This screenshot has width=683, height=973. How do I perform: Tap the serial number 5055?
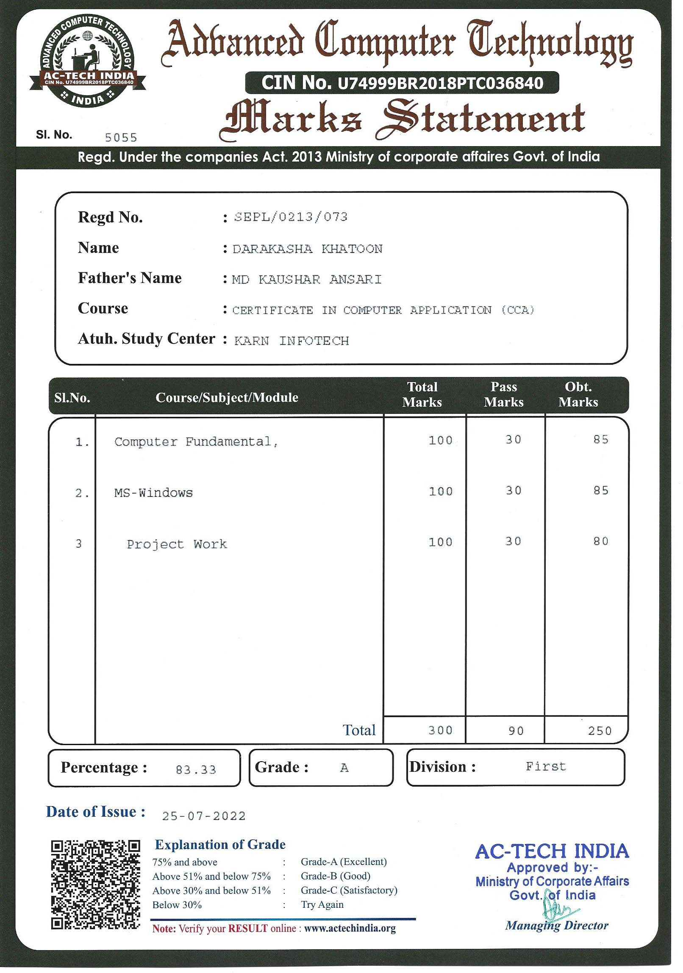click(x=121, y=138)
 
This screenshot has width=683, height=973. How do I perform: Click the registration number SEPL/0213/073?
click(x=291, y=217)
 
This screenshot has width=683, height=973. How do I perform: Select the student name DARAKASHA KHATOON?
click(x=307, y=249)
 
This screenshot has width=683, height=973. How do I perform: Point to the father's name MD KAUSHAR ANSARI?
click(x=306, y=280)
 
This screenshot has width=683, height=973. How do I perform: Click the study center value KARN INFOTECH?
click(x=292, y=341)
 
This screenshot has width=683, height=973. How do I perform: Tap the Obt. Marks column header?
click(x=578, y=394)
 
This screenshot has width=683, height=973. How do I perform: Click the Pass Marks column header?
click(x=504, y=394)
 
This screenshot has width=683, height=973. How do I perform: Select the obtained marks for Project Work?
click(x=601, y=541)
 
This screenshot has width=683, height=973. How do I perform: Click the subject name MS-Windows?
click(x=153, y=493)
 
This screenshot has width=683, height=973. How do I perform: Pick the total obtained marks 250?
click(x=600, y=731)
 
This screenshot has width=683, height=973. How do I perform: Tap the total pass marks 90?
click(x=516, y=731)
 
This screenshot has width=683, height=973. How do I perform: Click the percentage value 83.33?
click(x=196, y=770)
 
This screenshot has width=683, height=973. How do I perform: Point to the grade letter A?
click(x=344, y=768)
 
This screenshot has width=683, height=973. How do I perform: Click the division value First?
click(x=546, y=767)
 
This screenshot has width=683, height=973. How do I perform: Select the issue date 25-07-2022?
click(x=204, y=816)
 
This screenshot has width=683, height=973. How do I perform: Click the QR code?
click(x=95, y=885)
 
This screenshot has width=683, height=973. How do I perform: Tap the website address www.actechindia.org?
click(x=350, y=929)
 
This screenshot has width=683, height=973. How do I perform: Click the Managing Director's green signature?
click(x=559, y=908)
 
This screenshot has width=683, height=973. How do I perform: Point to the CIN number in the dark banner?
click(x=402, y=83)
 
